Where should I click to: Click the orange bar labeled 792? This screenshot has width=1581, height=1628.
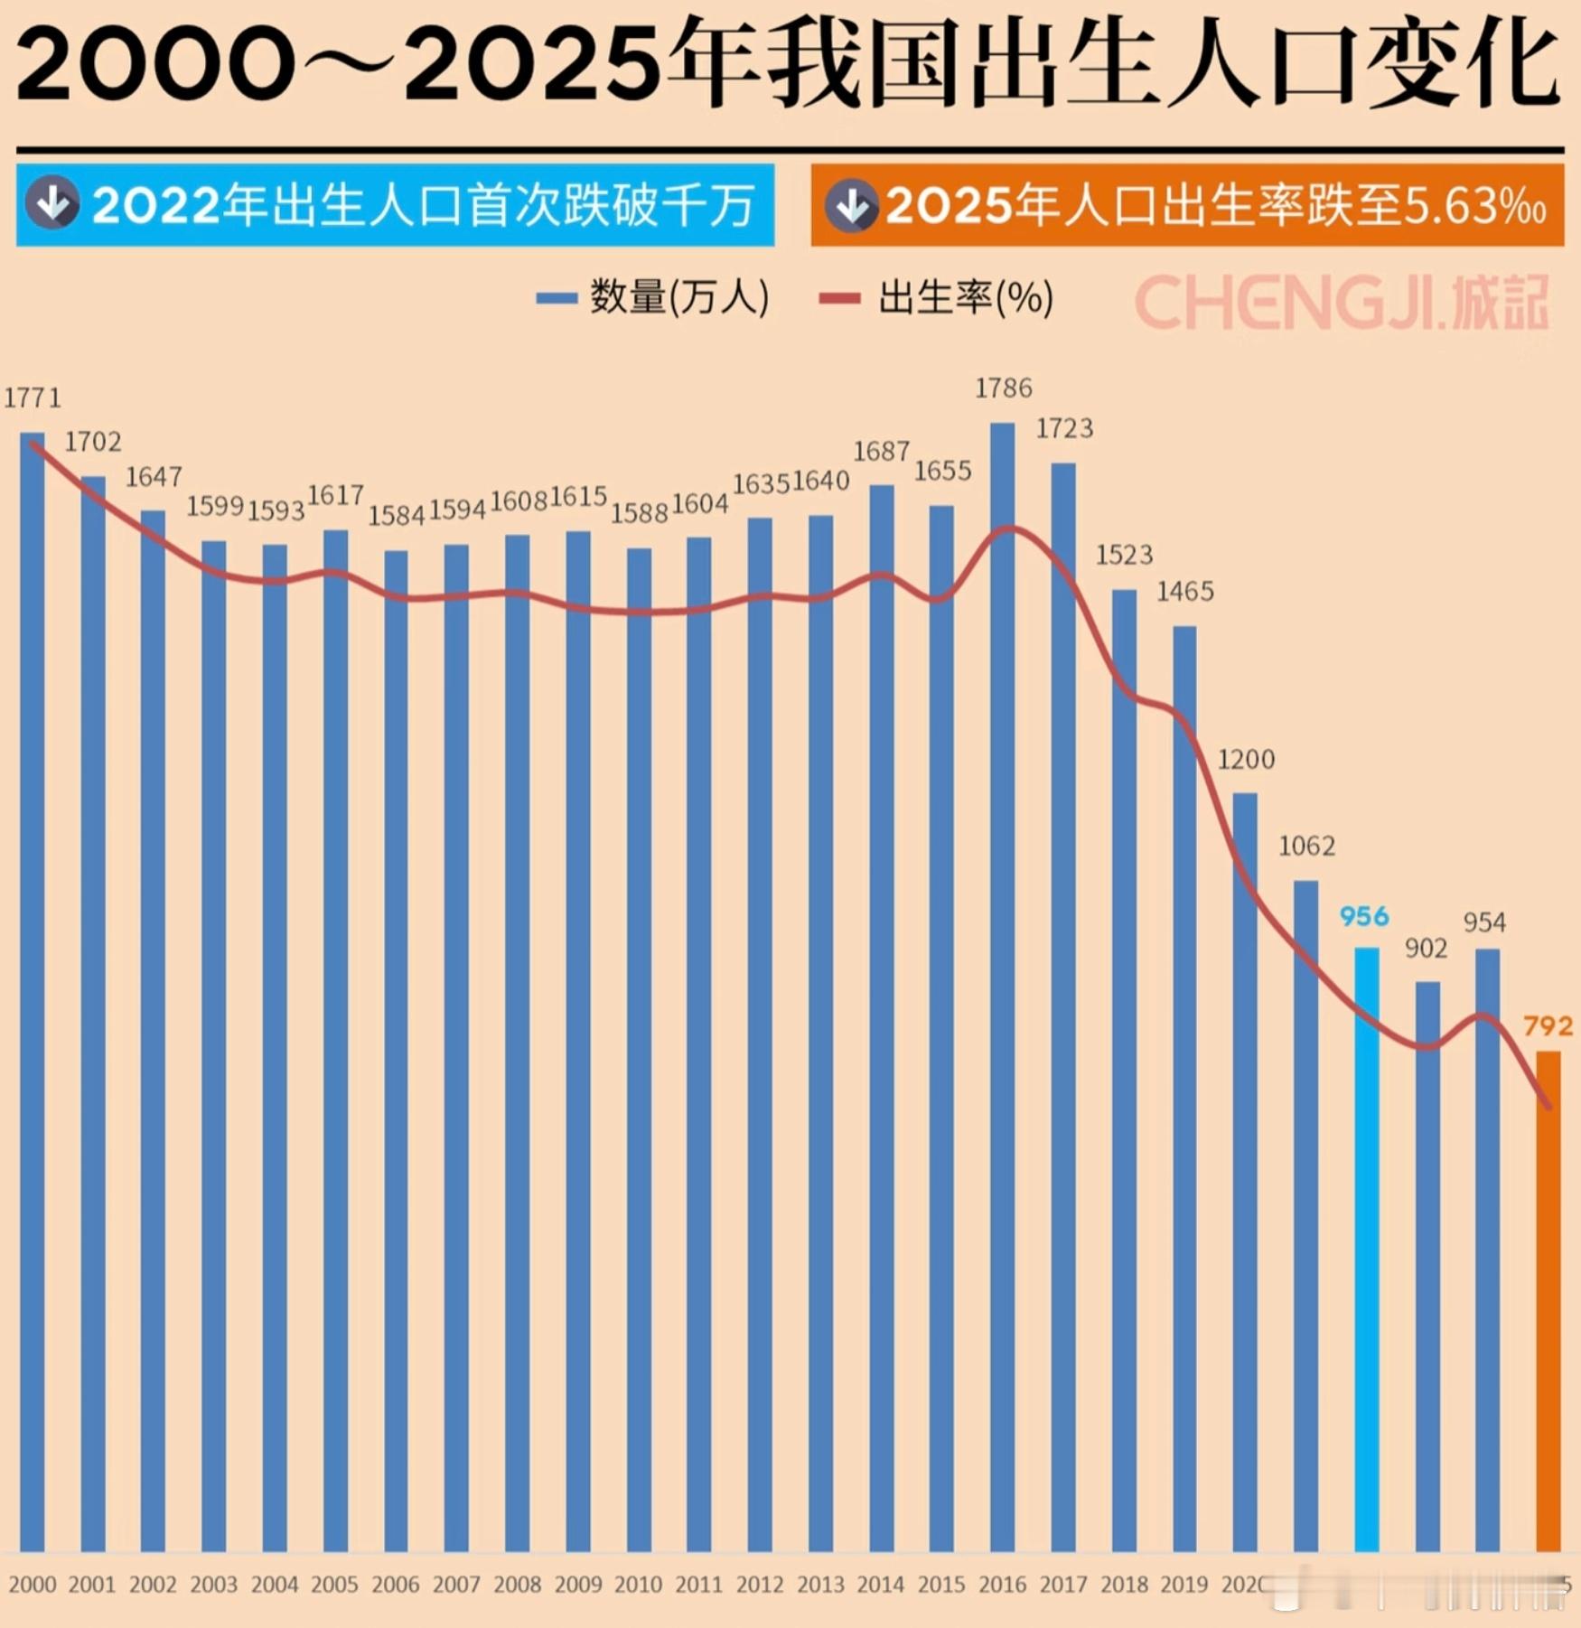[1548, 1301]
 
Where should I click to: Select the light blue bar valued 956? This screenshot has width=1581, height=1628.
[1366, 1247]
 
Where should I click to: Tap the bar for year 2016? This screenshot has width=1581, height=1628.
[1002, 985]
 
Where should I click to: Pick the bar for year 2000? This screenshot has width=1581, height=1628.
[33, 994]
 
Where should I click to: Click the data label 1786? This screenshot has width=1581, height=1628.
[1003, 388]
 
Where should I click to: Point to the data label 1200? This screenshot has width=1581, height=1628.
[1246, 759]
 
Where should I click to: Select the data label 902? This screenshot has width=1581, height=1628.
[1426, 948]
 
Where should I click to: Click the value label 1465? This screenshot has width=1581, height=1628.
[1185, 592]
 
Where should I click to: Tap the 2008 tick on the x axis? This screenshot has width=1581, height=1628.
[517, 1584]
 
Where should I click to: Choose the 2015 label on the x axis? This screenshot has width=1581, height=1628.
[941, 1584]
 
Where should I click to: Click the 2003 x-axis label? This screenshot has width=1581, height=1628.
[213, 1584]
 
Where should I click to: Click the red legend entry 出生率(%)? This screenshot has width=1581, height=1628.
[937, 297]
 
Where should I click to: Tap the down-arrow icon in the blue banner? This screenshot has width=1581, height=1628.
[52, 204]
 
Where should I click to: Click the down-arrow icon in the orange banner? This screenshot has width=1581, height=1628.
[851, 206]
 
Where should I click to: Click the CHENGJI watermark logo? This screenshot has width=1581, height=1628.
[1342, 302]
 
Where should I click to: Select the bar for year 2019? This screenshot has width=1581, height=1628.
[1184, 1084]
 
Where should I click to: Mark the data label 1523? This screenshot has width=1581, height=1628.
[1124, 555]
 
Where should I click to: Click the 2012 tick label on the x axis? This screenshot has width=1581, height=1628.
[760, 1584]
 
